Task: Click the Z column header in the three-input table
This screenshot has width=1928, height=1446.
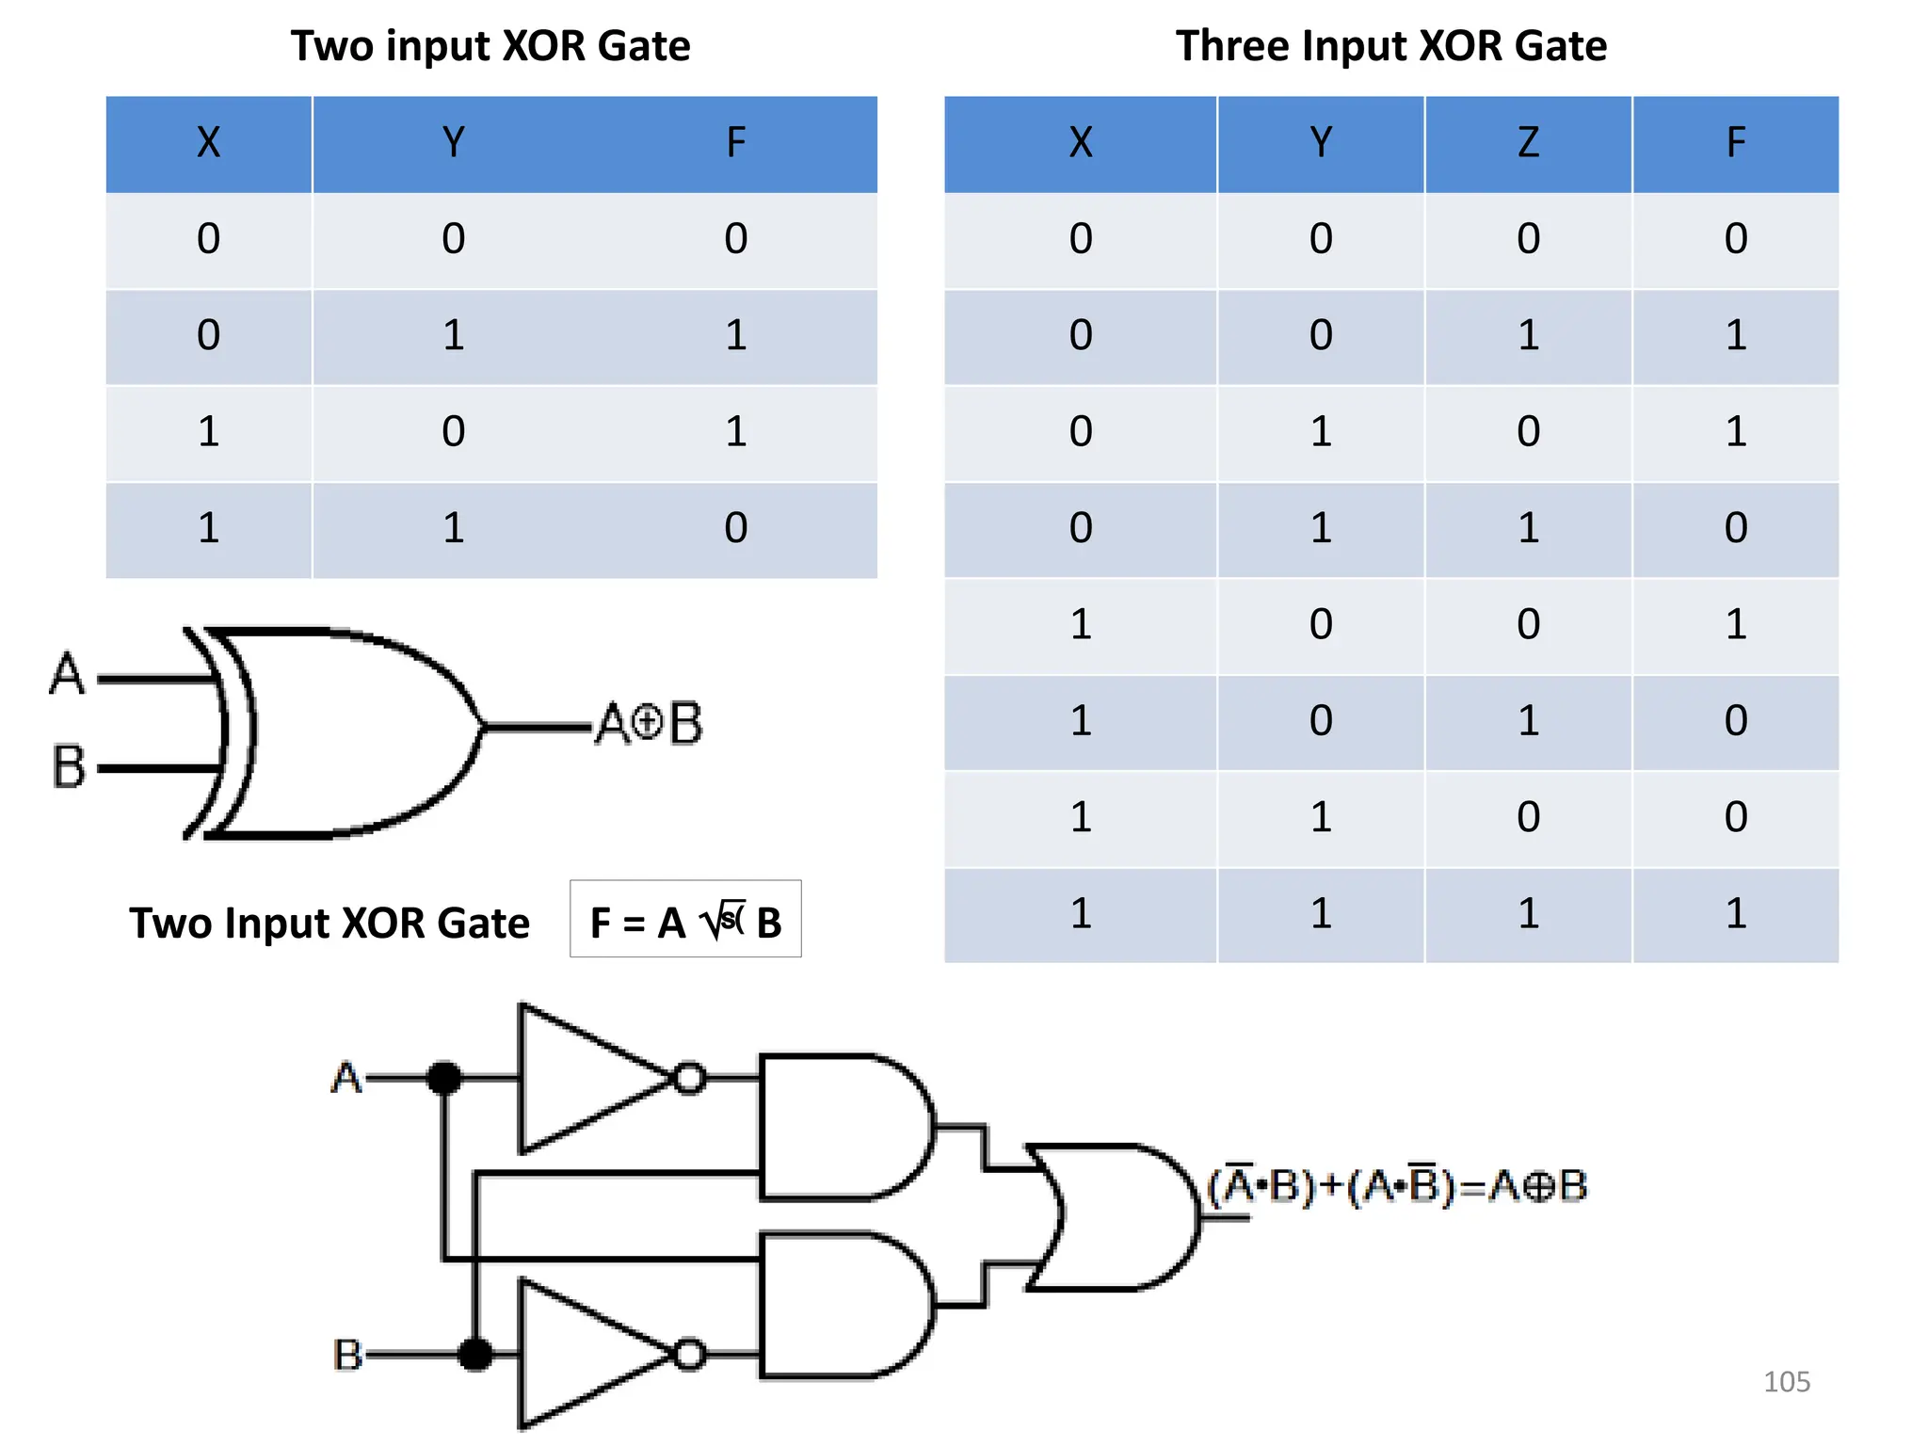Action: pyautogui.click(x=1527, y=143)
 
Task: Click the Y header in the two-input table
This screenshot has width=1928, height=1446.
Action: pyautogui.click(x=453, y=143)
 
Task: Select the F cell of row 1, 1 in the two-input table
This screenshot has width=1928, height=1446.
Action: pyautogui.click(x=735, y=528)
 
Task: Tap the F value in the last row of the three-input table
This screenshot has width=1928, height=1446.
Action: pyautogui.click(x=1735, y=914)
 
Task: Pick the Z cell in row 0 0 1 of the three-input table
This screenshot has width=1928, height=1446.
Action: pyautogui.click(x=1527, y=336)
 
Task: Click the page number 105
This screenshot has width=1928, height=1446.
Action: pyautogui.click(x=1786, y=1382)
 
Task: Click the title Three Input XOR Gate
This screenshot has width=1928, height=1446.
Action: pyautogui.click(x=1390, y=46)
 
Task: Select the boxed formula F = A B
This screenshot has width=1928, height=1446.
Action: pyautogui.click(x=685, y=921)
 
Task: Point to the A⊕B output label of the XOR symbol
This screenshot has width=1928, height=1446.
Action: pyautogui.click(x=650, y=724)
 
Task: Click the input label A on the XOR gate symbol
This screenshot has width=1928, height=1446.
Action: pyautogui.click(x=67, y=674)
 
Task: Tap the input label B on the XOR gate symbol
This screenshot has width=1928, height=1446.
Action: pyautogui.click(x=68, y=766)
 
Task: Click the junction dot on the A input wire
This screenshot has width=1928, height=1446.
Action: pyautogui.click(x=444, y=1077)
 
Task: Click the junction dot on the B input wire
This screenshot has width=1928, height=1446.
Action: pyautogui.click(x=475, y=1355)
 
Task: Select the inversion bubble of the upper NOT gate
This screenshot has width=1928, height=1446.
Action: pyautogui.click(x=690, y=1077)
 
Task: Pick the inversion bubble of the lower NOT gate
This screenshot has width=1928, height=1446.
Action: pyautogui.click(x=690, y=1355)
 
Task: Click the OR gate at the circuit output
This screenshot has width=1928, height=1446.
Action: pyautogui.click(x=1116, y=1216)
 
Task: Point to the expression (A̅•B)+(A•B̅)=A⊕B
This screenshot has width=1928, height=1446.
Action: pyautogui.click(x=1397, y=1186)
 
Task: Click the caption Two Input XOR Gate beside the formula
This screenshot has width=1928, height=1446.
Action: pyautogui.click(x=329, y=924)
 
